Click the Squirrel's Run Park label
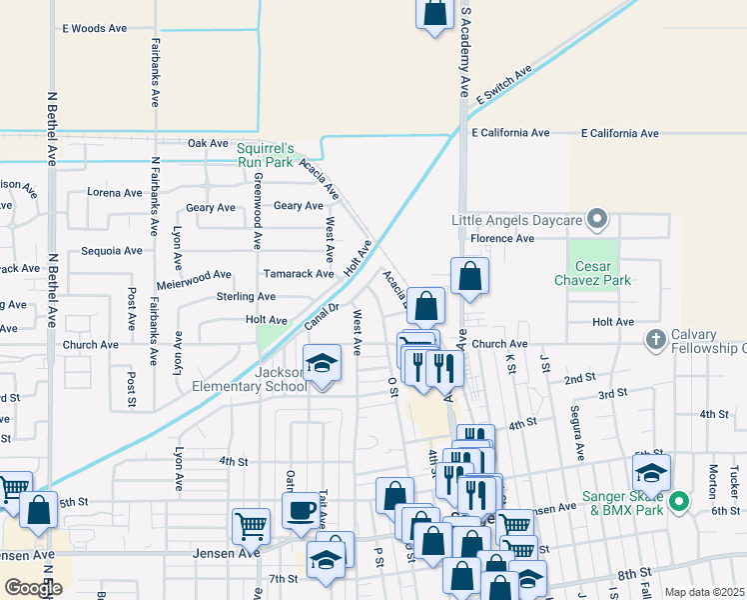pyautogui.click(x=265, y=154)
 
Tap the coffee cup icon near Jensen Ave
pyautogui.click(x=301, y=510)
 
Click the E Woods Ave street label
pyautogui.click(x=94, y=29)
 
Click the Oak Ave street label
pyautogui.click(x=209, y=143)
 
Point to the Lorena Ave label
pyautogui.click(x=115, y=193)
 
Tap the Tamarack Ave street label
pyautogui.click(x=298, y=273)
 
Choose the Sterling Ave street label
pyautogui.click(x=246, y=297)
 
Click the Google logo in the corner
pyautogui.click(x=33, y=588)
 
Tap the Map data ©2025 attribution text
pyautogui.click(x=705, y=592)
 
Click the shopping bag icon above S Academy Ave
pyautogui.click(x=434, y=15)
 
